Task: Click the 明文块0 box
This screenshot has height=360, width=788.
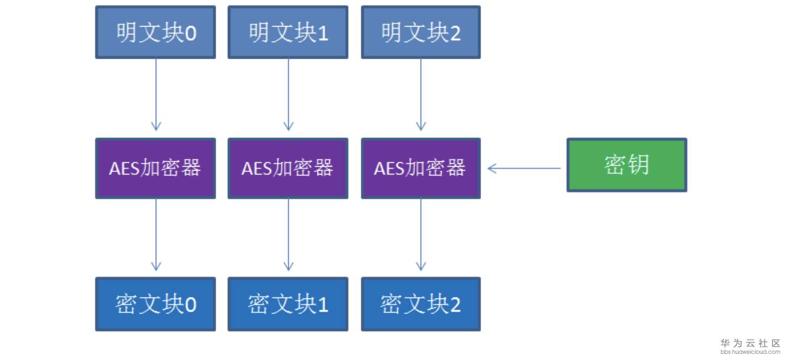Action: pyautogui.click(x=155, y=32)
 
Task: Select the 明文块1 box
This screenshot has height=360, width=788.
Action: pyautogui.click(x=288, y=32)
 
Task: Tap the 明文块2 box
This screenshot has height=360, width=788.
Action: pyautogui.click(x=421, y=32)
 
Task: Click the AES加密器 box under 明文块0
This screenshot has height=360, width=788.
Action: pyautogui.click(x=155, y=168)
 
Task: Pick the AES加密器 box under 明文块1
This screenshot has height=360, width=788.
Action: pyautogui.click(x=288, y=168)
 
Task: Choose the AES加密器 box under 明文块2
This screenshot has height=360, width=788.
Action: pyautogui.click(x=421, y=168)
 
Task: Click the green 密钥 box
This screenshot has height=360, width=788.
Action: pyautogui.click(x=626, y=165)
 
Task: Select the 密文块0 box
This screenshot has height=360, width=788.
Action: pyautogui.click(x=155, y=304)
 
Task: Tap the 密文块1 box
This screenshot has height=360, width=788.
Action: pyautogui.click(x=288, y=304)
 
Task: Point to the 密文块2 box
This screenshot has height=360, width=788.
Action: pyautogui.click(x=421, y=304)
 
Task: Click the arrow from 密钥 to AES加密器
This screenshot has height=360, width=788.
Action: pyautogui.click(x=524, y=168)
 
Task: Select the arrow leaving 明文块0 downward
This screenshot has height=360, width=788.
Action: pyautogui.click(x=156, y=94)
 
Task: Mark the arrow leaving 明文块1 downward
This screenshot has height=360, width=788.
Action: pyautogui.click(x=288, y=94)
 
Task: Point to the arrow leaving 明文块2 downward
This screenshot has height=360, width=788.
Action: pyautogui.click(x=421, y=94)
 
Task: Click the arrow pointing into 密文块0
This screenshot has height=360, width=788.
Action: pyautogui.click(x=156, y=235)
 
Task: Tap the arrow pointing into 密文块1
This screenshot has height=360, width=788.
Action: pyautogui.click(x=288, y=235)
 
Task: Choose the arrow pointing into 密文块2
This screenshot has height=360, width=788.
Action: pyautogui.click(x=421, y=235)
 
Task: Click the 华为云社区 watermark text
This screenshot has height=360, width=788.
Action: pyautogui.click(x=750, y=343)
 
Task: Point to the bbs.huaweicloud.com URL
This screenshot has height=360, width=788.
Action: pyautogui.click(x=750, y=352)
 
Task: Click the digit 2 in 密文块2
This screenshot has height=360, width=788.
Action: pyautogui.click(x=455, y=305)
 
